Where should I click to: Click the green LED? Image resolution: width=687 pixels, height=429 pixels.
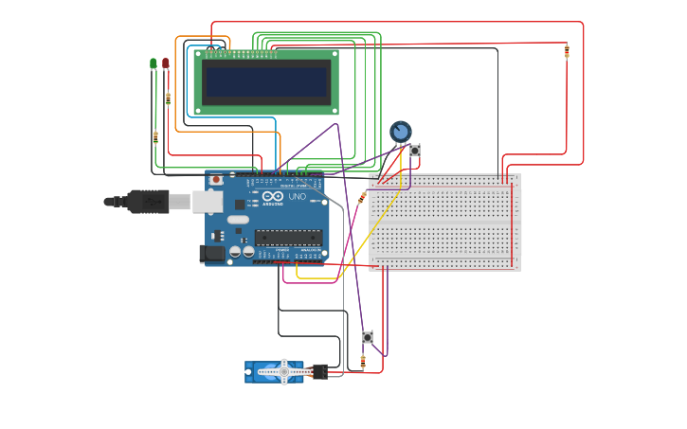[154, 63]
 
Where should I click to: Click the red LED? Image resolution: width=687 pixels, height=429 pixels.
[166, 63]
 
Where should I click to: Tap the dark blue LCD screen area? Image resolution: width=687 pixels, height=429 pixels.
[266, 81]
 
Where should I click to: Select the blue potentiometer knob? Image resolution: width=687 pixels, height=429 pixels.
[401, 132]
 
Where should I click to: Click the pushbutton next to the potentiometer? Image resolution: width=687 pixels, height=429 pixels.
[414, 151]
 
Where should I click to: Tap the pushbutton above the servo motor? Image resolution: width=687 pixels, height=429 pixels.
[368, 337]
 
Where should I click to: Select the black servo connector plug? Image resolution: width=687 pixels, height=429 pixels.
[319, 371]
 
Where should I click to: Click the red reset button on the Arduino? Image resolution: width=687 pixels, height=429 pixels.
[216, 179]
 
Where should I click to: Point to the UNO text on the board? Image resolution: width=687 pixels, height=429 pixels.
[297, 196]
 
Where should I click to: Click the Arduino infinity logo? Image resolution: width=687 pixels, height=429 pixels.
[273, 196]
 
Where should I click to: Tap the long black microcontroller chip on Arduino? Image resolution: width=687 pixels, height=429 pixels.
[287, 237]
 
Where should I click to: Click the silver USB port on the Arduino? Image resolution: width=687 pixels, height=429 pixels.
[208, 201]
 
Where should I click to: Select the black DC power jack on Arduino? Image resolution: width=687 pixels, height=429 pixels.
[210, 253]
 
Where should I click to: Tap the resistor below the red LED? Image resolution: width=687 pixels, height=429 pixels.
[168, 98]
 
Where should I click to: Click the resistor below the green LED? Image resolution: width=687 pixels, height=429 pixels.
[155, 136]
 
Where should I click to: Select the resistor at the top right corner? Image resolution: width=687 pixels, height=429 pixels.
[567, 51]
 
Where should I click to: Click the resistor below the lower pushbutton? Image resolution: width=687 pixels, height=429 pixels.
[363, 361]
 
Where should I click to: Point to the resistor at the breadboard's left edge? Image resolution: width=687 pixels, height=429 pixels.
[363, 196]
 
